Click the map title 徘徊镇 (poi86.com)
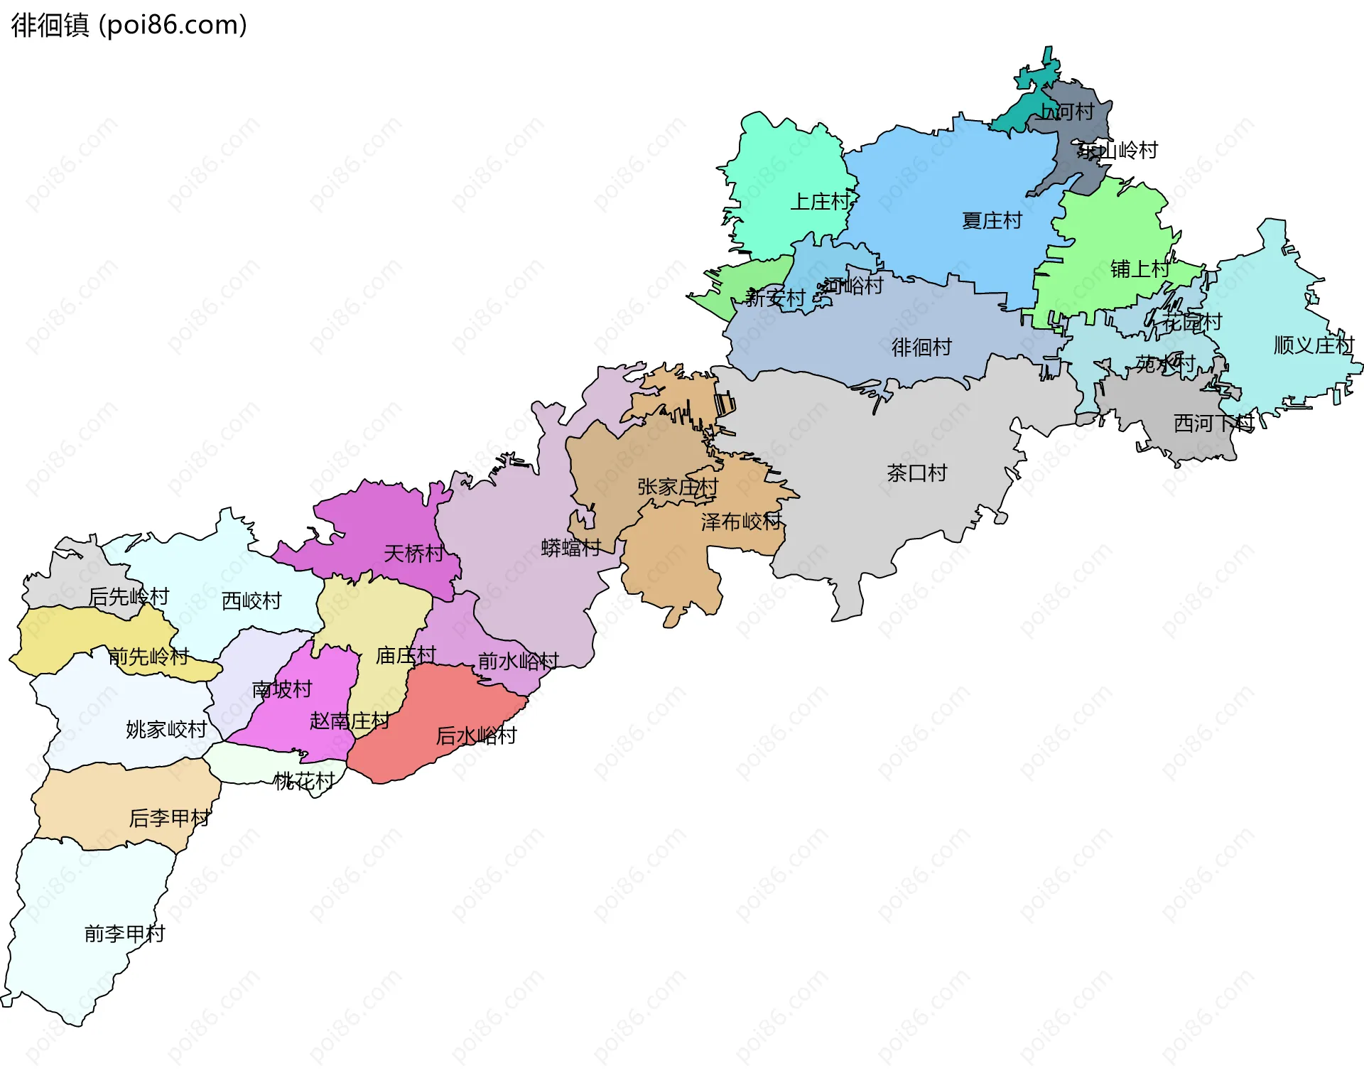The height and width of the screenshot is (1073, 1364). coord(129,25)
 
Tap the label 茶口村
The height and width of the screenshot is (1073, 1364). coord(916,473)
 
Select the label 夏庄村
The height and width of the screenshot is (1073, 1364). coord(991,221)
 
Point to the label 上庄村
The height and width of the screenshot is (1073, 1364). coord(820,203)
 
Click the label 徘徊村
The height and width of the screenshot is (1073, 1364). coord(921,347)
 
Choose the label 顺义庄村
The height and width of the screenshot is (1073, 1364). coord(1314,345)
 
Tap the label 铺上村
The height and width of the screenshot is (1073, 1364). coord(1140,269)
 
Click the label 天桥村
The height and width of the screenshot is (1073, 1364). coord(413,554)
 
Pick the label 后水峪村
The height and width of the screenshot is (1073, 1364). coord(476,735)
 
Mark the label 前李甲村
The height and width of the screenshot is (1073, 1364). coord(124,934)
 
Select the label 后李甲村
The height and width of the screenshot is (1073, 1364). coord(169,819)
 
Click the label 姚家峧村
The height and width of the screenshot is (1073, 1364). coord(166,730)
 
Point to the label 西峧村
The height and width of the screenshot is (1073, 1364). coord(251,601)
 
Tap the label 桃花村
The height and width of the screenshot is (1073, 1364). coord(304,782)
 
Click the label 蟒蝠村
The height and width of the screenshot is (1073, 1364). coord(570,548)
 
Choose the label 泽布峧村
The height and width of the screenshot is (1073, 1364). coord(741,522)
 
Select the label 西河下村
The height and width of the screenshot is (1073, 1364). coord(1213,424)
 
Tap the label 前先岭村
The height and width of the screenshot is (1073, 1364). coord(148,657)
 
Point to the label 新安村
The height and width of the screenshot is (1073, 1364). coord(774,298)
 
